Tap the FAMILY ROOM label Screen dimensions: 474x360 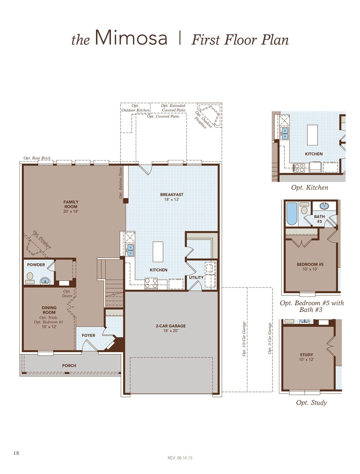(x=71, y=204)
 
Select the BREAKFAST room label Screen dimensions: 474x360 (x=172, y=195)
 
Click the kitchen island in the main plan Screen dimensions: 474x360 (x=158, y=251)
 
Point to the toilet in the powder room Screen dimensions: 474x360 (x=30, y=277)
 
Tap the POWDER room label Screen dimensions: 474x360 (x=36, y=265)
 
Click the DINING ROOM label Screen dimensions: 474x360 (x=49, y=310)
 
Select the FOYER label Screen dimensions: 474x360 (x=89, y=335)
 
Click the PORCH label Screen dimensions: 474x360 (x=69, y=366)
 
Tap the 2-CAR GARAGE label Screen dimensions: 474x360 (x=171, y=326)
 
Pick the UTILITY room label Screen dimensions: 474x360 (x=196, y=277)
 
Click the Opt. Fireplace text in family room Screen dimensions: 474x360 (x=42, y=240)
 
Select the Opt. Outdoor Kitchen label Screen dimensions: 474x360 (x=135, y=108)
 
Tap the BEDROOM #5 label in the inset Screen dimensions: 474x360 (x=310, y=264)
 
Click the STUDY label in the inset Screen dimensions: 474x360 (x=306, y=355)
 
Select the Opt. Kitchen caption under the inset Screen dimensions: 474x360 (x=310, y=188)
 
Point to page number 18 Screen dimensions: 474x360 (x=16, y=453)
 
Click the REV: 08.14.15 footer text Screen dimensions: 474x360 (x=180, y=458)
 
